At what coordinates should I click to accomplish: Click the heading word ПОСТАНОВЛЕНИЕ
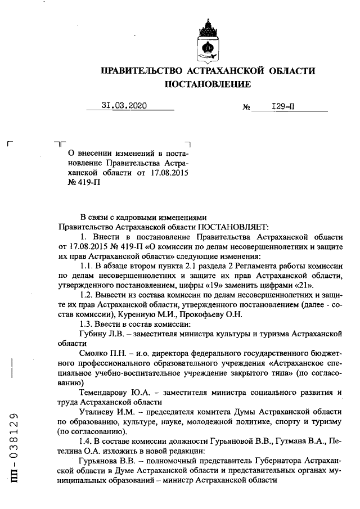tap(207, 84)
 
